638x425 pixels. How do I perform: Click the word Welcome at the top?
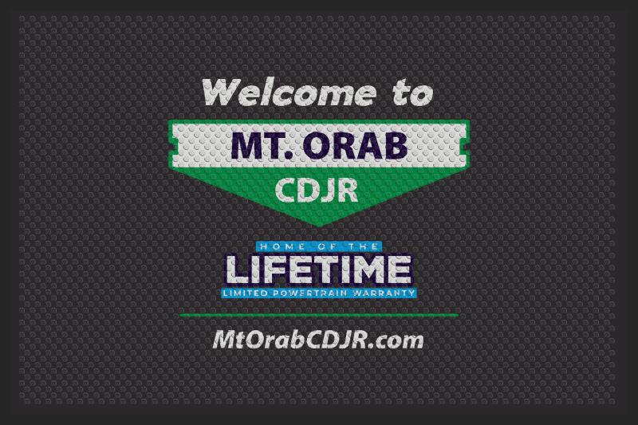[x=289, y=92]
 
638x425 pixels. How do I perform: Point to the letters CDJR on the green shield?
[x=317, y=190]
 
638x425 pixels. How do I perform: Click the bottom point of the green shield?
[x=320, y=226]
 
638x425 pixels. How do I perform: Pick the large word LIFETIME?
[x=318, y=270]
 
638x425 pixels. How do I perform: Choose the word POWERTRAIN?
[x=309, y=293]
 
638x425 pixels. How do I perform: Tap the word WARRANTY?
[x=384, y=293]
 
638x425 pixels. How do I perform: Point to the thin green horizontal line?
[x=319, y=315]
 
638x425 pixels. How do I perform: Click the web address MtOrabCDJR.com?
[x=318, y=340]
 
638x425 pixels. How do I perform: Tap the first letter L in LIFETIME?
[x=237, y=270]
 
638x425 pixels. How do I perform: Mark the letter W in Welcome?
[x=223, y=92]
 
